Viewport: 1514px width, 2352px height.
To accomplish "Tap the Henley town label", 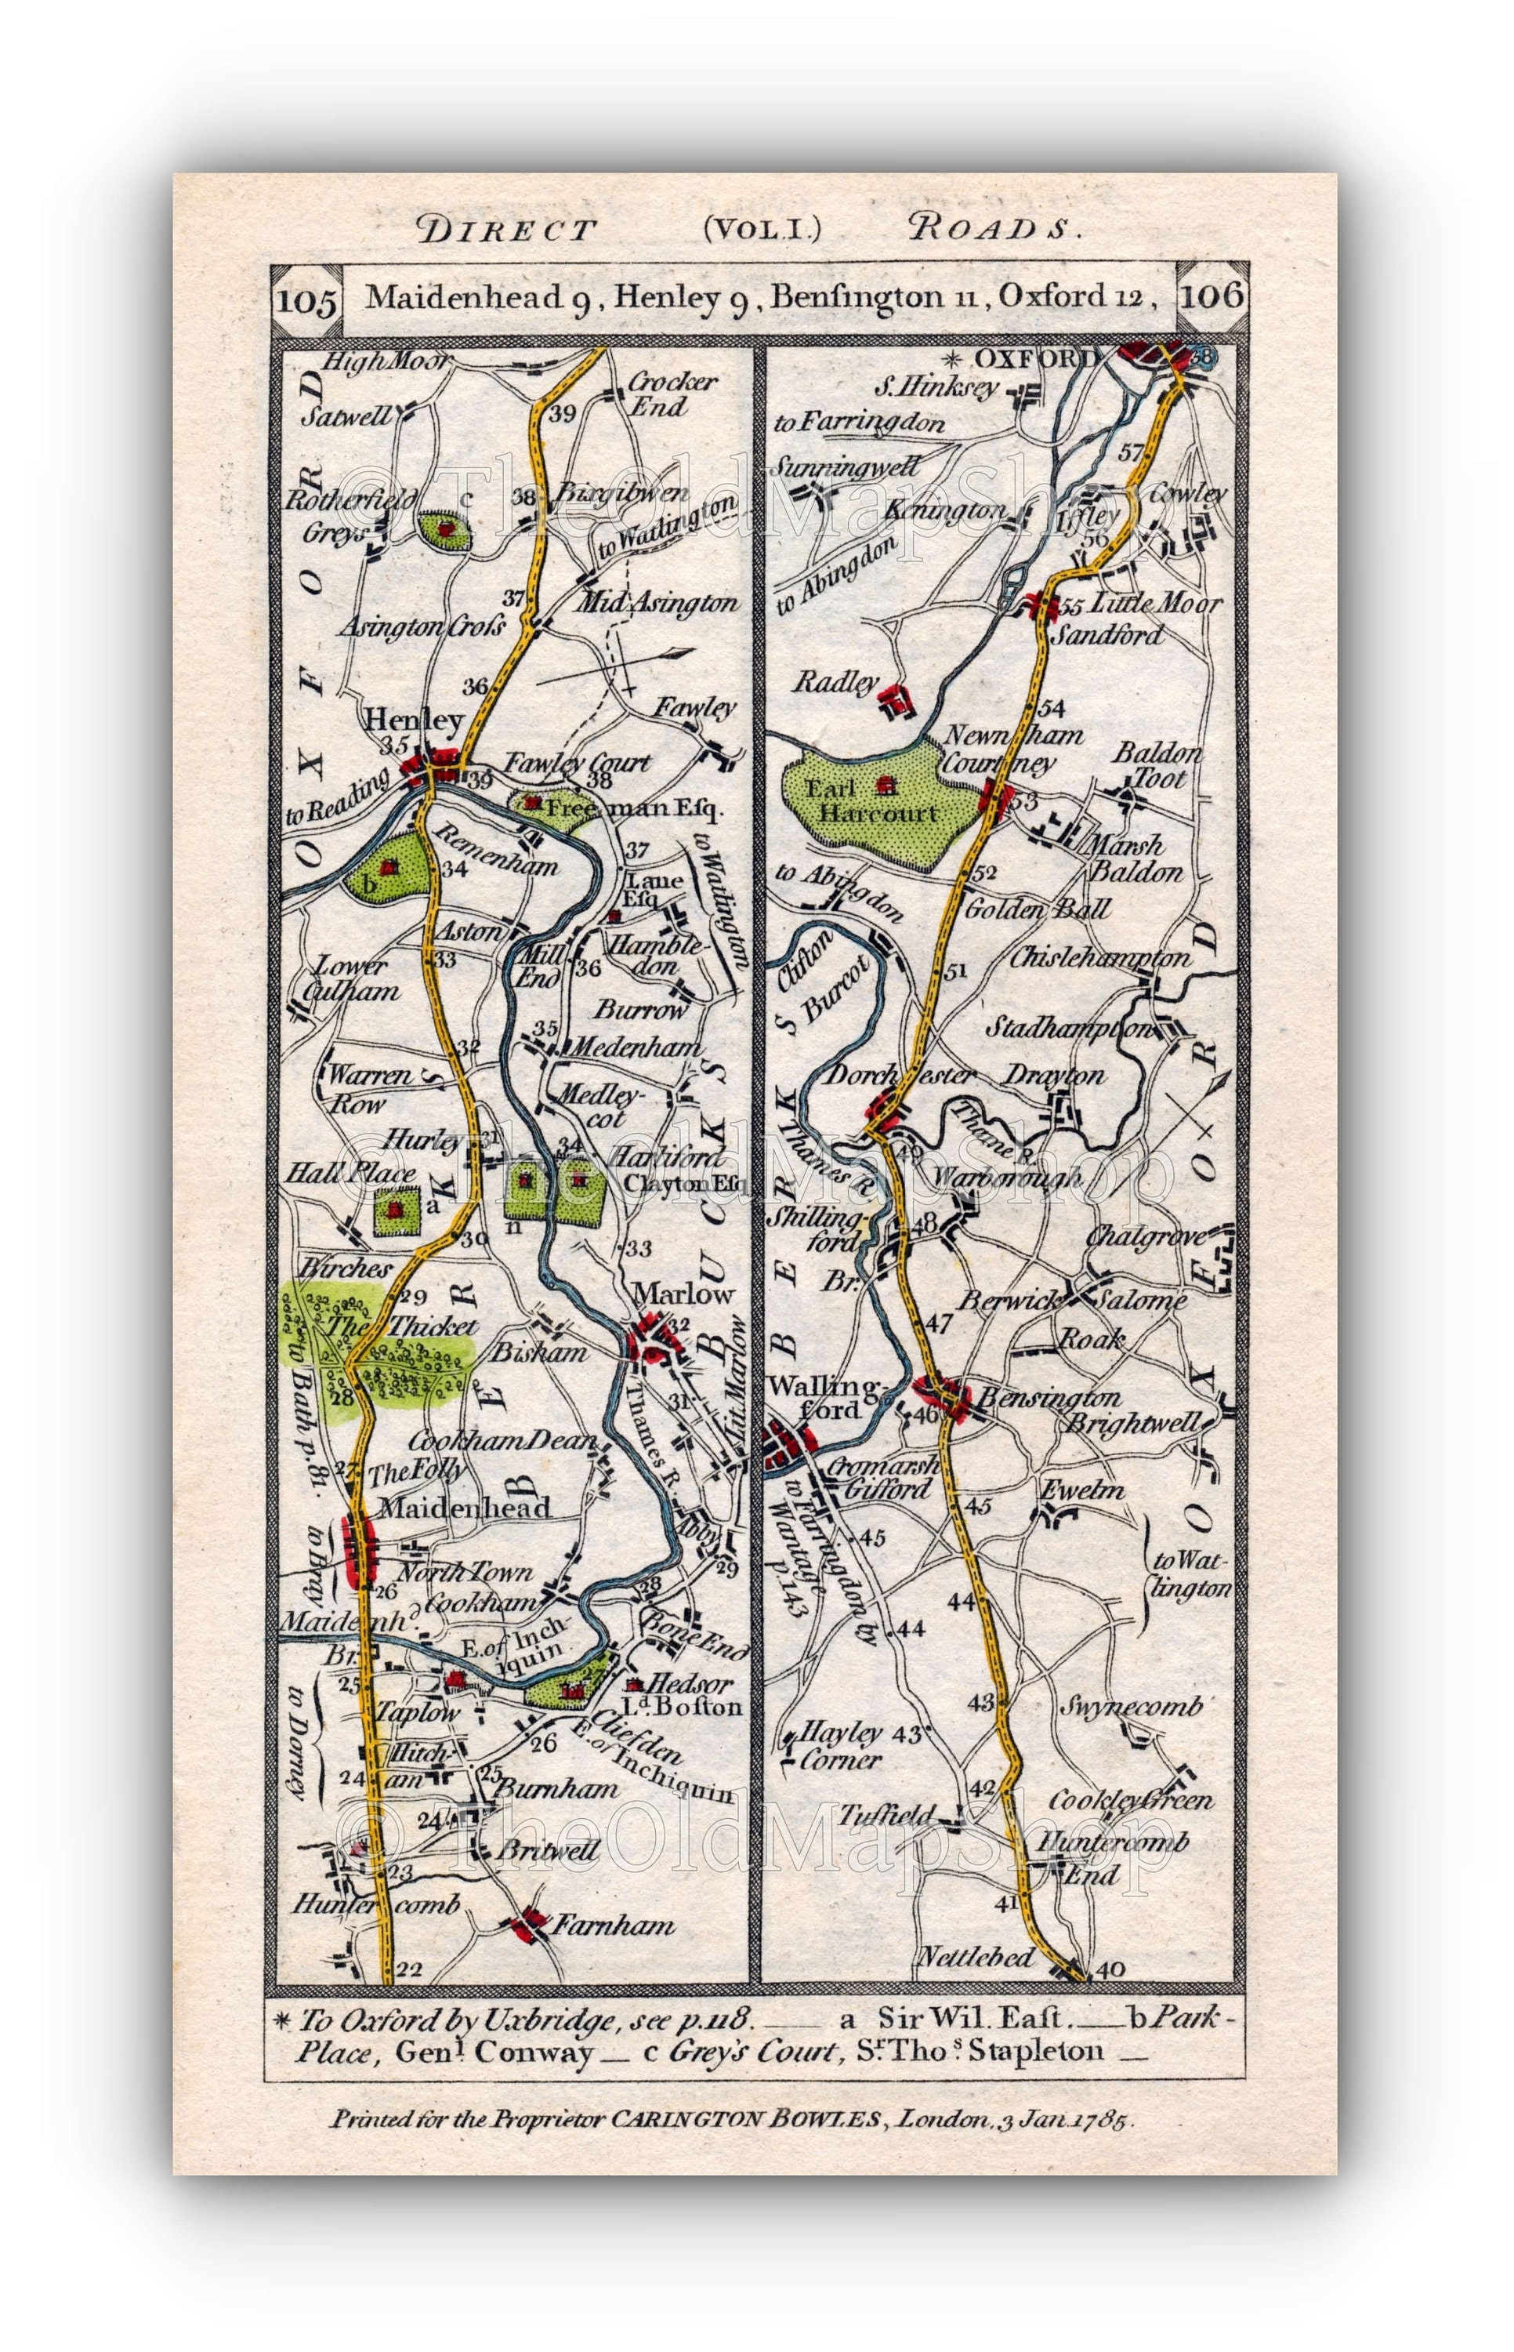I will pos(413,720).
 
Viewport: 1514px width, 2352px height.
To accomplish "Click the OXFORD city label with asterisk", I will pos(1027,359).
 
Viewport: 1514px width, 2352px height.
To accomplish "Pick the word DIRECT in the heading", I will pos(507,230).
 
